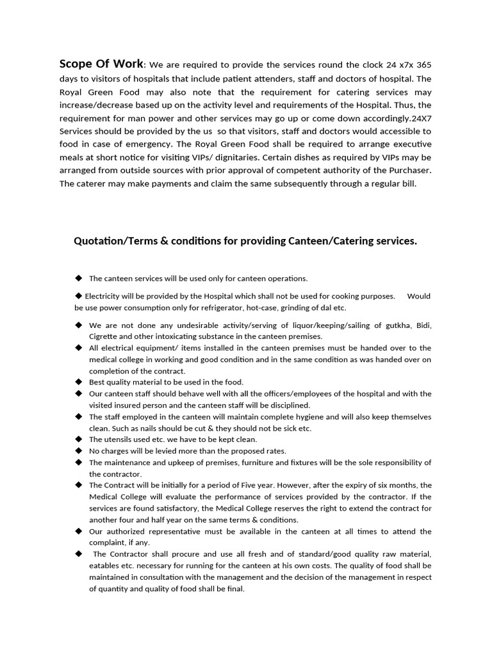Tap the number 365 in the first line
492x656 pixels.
pyautogui.click(x=423, y=65)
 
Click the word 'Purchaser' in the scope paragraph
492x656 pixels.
pyautogui.click(x=408, y=170)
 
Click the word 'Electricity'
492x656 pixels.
pyautogui.click(x=104, y=297)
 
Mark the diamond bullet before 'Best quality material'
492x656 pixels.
pyautogui.click(x=78, y=382)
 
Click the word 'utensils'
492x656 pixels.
pyautogui.click(x=117, y=439)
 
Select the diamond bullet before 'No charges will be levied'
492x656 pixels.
pyautogui.click(x=78, y=451)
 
